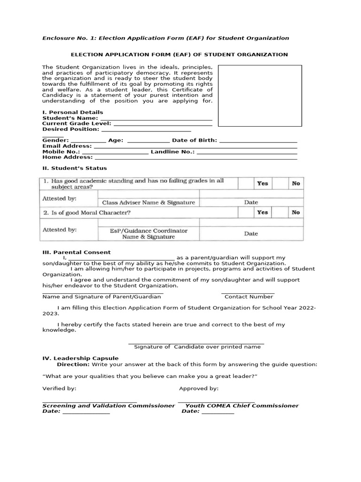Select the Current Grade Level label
(x=77, y=123)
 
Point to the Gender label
(x=55, y=140)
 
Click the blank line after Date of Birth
(x=258, y=140)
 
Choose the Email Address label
(x=67, y=146)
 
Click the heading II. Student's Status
(x=74, y=168)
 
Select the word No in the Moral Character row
(x=296, y=212)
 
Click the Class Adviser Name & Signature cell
(x=149, y=202)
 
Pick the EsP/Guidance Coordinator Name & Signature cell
(x=149, y=234)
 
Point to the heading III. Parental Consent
(x=77, y=252)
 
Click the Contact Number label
(x=249, y=297)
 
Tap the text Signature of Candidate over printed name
(x=197, y=347)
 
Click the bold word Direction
(x=73, y=364)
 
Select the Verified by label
(x=59, y=388)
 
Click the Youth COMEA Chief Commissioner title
(x=242, y=405)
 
